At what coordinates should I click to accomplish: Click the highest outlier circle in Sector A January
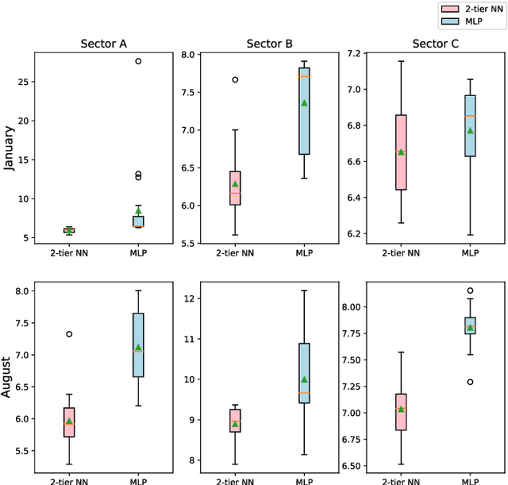(138, 61)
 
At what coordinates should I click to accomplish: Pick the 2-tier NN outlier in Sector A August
(69, 334)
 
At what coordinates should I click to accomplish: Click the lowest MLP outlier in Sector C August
(470, 382)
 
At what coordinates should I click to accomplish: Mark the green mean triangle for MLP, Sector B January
(304, 103)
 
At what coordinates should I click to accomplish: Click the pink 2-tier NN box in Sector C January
(401, 152)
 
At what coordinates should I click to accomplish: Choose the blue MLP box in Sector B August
(304, 373)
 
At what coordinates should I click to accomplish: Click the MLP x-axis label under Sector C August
(470, 479)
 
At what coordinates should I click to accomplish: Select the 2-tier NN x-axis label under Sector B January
(235, 254)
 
